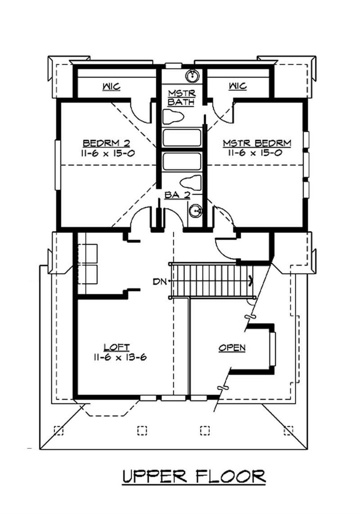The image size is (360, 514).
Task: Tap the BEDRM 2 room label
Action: click(106, 143)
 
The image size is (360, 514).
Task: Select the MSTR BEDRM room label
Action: click(257, 143)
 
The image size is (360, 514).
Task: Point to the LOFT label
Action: click(117, 347)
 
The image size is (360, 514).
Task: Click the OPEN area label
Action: click(232, 348)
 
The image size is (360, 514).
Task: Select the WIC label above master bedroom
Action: click(238, 86)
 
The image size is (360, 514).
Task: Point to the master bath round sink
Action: click(193, 76)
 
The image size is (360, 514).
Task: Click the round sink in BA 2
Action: click(195, 210)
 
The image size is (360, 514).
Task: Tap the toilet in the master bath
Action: click(173, 117)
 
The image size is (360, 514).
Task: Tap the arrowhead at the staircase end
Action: click(250, 280)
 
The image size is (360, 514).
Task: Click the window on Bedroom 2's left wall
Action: click(57, 165)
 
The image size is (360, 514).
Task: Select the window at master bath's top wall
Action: click(173, 66)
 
